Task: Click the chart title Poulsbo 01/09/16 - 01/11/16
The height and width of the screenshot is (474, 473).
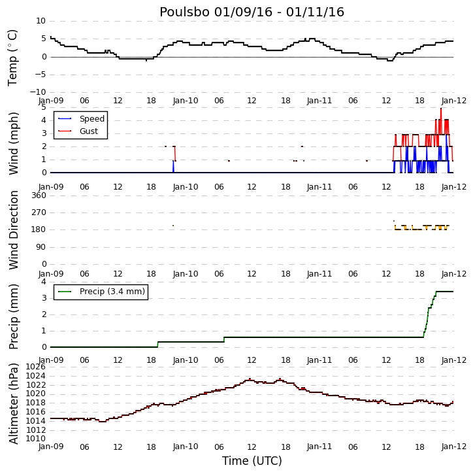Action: tap(252, 12)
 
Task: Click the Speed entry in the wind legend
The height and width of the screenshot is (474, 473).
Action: tap(92, 119)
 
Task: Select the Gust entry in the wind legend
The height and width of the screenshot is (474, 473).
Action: tap(89, 131)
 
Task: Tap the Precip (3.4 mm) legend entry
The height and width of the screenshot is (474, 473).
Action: tap(112, 292)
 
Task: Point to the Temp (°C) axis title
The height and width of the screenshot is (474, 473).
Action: tap(12, 58)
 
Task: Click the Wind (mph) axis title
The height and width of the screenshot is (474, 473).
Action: tap(13, 144)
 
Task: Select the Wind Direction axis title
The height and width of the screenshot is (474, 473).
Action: tap(13, 230)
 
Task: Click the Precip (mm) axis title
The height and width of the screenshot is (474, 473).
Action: tap(13, 316)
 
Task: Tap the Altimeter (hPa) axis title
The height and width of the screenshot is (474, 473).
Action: tap(13, 403)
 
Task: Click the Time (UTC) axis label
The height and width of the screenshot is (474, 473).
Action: tap(252, 461)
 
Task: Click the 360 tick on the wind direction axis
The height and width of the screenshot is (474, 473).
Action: tap(39, 195)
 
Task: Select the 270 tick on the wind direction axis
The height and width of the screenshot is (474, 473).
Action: tap(39, 212)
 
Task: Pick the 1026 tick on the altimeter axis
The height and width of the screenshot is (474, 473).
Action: tap(36, 367)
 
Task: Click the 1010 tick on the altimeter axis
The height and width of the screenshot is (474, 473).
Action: tap(36, 439)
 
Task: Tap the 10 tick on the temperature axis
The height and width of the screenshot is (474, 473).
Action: tap(41, 21)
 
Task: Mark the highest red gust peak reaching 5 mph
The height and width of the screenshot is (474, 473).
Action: tap(441, 109)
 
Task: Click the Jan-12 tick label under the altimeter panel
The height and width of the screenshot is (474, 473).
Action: tap(454, 447)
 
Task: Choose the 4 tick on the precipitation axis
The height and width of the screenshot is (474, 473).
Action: tap(44, 282)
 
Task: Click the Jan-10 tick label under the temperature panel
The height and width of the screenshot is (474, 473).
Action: tap(186, 101)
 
